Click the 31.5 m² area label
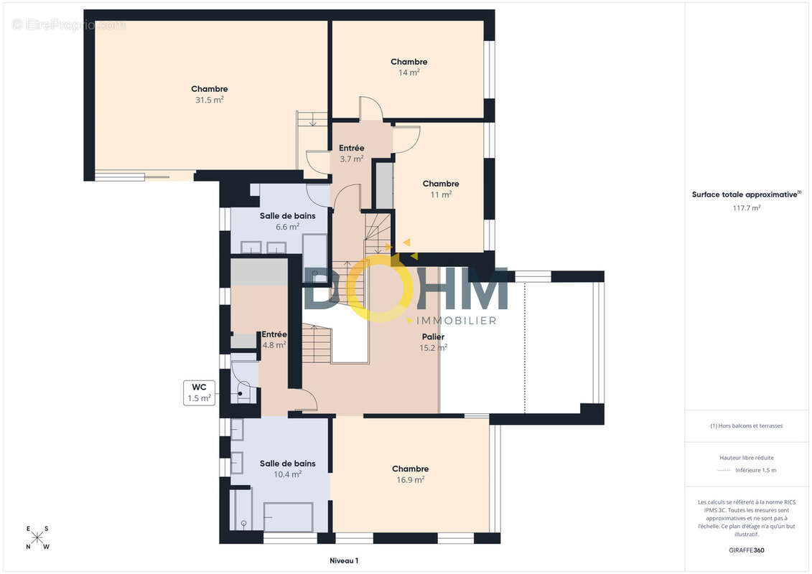(209, 100)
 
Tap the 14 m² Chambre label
(409, 67)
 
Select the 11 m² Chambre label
(441, 189)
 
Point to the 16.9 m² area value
(411, 480)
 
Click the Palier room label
(433, 337)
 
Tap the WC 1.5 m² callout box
(200, 393)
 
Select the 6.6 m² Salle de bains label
(287, 221)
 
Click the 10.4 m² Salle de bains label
(287, 469)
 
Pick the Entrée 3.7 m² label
(352, 154)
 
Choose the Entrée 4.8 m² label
(274, 339)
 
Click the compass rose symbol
(37, 538)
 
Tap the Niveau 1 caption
(344, 560)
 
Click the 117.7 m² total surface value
(746, 208)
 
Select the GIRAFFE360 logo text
(746, 550)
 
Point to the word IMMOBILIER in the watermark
(456, 321)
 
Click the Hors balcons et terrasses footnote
(746, 426)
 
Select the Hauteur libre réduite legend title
(746, 458)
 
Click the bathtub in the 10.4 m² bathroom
(288, 517)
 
